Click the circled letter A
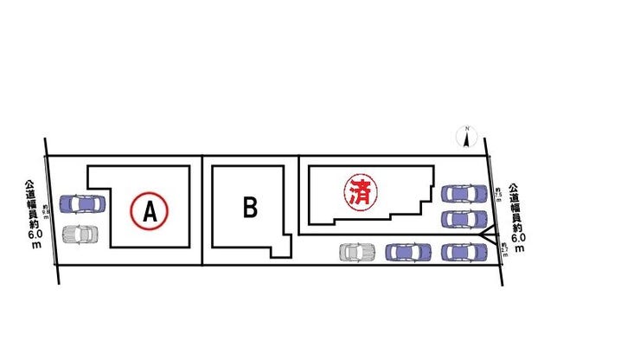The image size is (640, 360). tap(150, 209)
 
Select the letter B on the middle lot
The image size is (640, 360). tap(250, 208)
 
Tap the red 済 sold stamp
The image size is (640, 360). tap(358, 191)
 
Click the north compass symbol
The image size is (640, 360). tap(467, 137)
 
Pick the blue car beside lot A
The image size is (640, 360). tap(81, 204)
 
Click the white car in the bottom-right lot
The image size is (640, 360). tap(357, 252)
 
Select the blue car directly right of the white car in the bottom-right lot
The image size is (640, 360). tap(407, 252)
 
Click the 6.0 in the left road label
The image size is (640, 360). tap(34, 235)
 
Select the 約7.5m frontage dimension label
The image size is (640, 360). tap(498, 194)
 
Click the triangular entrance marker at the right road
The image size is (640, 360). tap(489, 234)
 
